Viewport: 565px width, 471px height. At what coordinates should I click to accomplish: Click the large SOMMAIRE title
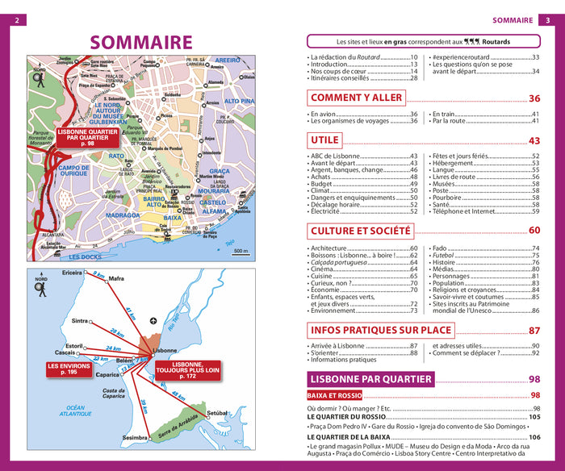(x=141, y=43)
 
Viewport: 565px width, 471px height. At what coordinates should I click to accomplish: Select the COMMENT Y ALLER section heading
(x=356, y=98)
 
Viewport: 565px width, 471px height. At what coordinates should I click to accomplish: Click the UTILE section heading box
(x=324, y=140)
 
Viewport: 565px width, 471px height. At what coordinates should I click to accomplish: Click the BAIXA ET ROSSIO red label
(x=334, y=396)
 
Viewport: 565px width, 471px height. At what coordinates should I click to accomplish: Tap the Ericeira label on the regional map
(x=72, y=273)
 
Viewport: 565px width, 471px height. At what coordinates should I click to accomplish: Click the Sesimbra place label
(x=134, y=438)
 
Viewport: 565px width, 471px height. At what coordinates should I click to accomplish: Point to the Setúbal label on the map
(x=219, y=413)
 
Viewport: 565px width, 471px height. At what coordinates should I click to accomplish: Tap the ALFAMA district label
(x=213, y=211)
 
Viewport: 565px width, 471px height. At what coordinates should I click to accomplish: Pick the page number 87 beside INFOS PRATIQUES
(x=534, y=331)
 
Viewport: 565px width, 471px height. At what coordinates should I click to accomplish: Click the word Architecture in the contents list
(x=329, y=248)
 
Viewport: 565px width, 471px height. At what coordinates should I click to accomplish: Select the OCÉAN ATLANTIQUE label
(x=76, y=411)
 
